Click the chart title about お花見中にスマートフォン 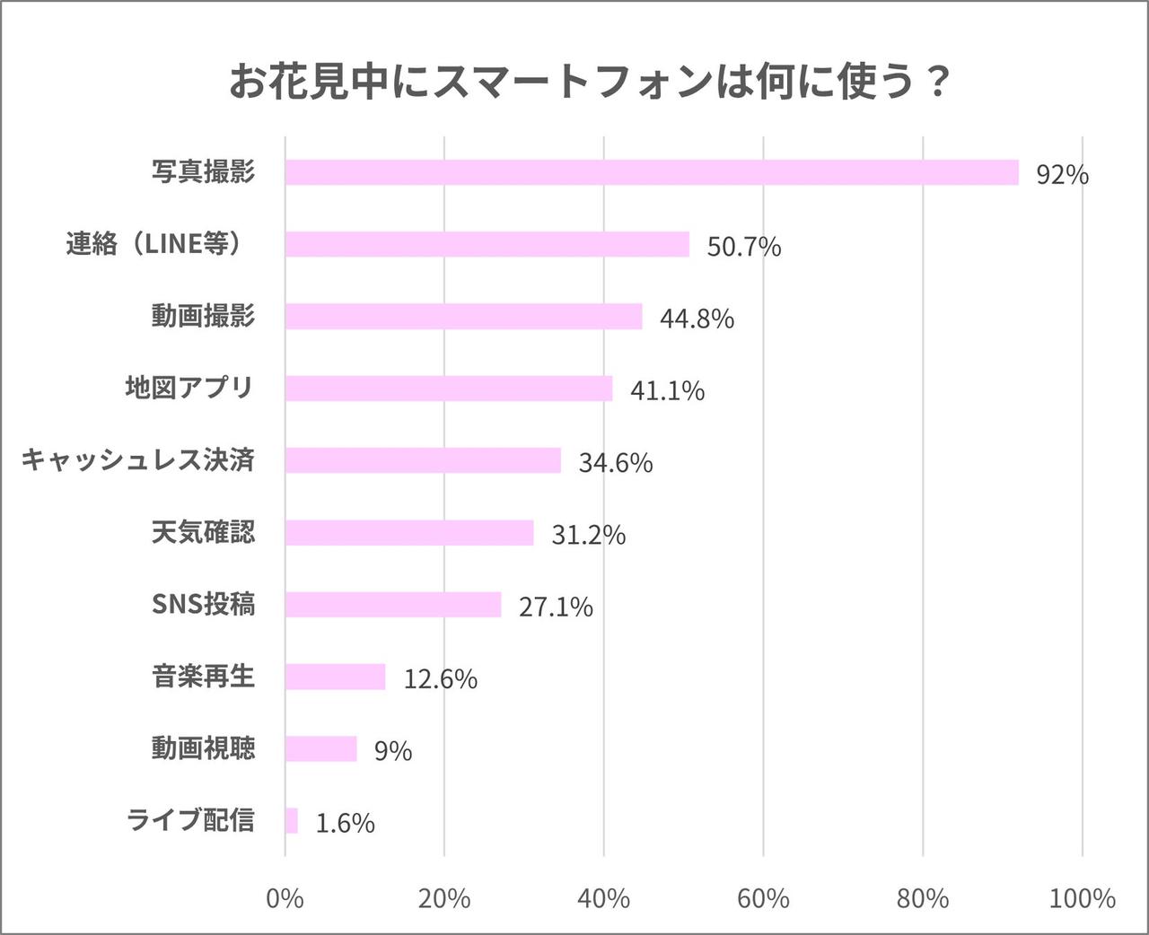pyautogui.click(x=589, y=83)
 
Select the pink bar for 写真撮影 pyautogui.click(x=652, y=172)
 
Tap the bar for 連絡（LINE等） pyautogui.click(x=487, y=244)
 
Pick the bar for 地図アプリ pyautogui.click(x=449, y=389)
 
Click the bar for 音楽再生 pyautogui.click(x=335, y=677)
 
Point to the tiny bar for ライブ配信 pyautogui.click(x=292, y=820)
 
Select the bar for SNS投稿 pyautogui.click(x=393, y=605)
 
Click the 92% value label pyautogui.click(x=1062, y=174)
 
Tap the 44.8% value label pyautogui.click(x=697, y=319)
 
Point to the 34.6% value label pyautogui.click(x=615, y=463)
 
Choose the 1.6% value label pyautogui.click(x=345, y=823)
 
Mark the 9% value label pyautogui.click(x=393, y=750)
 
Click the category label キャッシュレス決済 pyautogui.click(x=138, y=459)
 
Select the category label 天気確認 pyautogui.click(x=203, y=532)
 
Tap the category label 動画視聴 pyautogui.click(x=203, y=747)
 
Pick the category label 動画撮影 pyautogui.click(x=203, y=316)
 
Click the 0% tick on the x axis pyautogui.click(x=285, y=898)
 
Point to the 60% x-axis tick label pyautogui.click(x=763, y=898)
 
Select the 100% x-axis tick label pyautogui.click(x=1082, y=898)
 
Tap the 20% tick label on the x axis pyautogui.click(x=444, y=898)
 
